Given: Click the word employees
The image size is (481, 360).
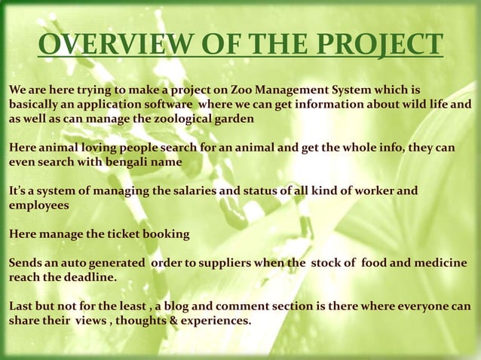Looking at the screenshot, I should click(38, 205).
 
